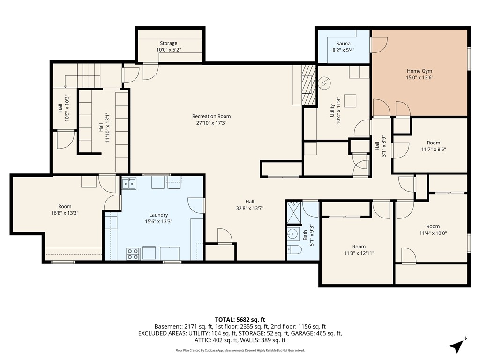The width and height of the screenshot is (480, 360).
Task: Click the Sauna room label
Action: click(343, 44)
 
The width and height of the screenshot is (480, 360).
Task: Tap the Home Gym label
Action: click(420, 71)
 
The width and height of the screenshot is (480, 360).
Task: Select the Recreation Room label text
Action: click(211, 116)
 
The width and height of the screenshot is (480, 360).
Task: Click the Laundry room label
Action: click(158, 215)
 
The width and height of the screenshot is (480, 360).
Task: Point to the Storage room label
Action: click(168, 43)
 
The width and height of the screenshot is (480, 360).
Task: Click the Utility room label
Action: click(332, 111)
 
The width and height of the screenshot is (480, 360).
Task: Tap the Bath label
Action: click(305, 235)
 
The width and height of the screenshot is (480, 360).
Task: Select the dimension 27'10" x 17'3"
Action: click(211, 123)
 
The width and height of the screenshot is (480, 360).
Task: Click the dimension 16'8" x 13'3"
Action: click(65, 213)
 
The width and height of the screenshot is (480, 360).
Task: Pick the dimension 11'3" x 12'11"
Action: click(359, 253)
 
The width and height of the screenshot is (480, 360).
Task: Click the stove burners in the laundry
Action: click(133, 254)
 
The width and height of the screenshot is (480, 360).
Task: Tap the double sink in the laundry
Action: click(129, 184)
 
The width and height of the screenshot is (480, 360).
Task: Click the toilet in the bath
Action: click(294, 250)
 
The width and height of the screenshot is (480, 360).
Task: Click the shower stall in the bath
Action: click(293, 213)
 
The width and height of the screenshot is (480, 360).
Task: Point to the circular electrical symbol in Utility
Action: click(324, 83)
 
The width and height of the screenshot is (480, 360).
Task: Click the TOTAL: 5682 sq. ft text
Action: click(240, 320)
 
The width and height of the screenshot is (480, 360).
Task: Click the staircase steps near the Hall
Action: click(89, 75)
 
